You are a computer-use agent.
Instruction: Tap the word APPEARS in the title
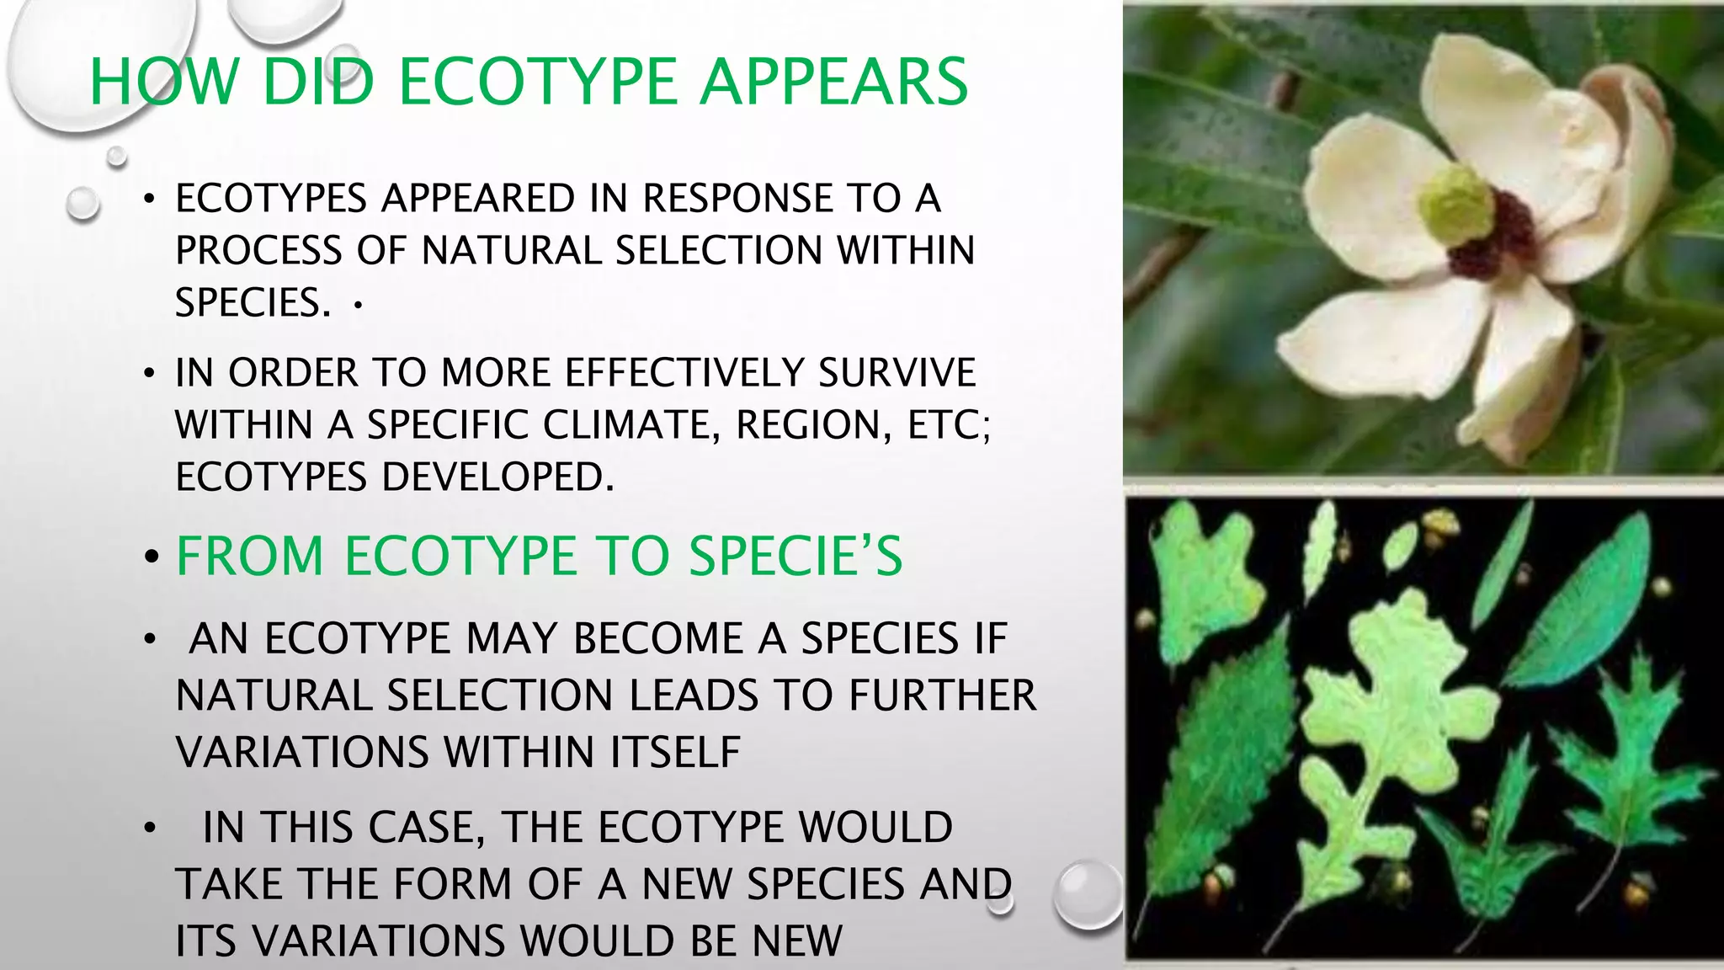(x=834, y=82)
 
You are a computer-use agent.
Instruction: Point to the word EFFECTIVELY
(x=685, y=372)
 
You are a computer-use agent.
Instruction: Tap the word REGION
(x=813, y=424)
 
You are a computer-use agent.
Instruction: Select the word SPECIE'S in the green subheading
(x=795, y=557)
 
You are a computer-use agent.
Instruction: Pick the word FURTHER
(x=942, y=696)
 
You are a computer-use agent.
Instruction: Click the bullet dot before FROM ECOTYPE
(x=152, y=557)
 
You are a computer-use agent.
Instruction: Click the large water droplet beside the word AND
(x=1088, y=894)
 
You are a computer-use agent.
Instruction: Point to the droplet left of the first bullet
(x=82, y=203)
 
